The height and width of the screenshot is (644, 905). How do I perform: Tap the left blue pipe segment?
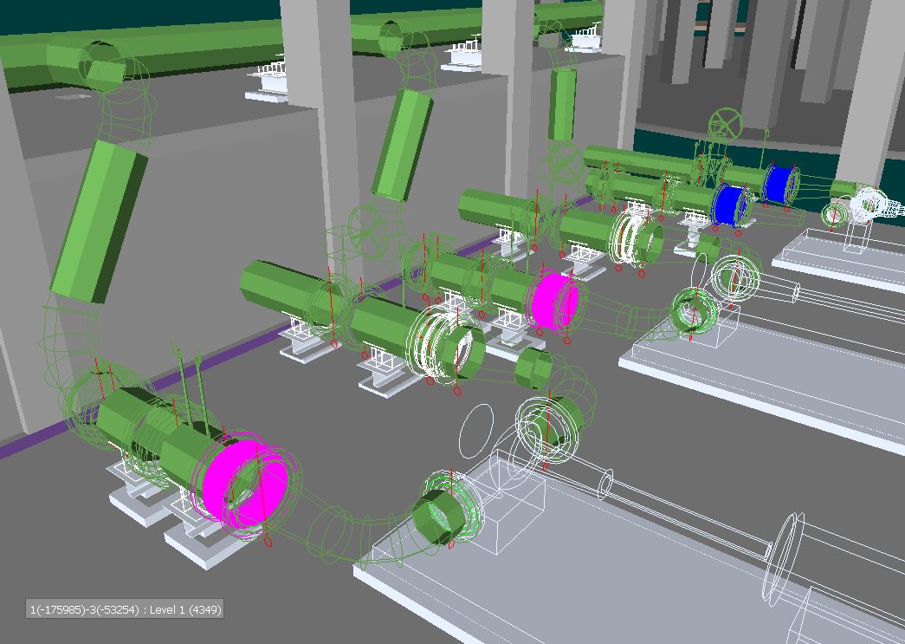coord(729,205)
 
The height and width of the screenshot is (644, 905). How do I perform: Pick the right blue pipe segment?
coord(780,183)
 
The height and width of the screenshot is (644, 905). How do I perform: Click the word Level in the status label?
coord(164,609)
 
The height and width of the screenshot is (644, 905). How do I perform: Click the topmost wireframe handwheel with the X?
coord(725,123)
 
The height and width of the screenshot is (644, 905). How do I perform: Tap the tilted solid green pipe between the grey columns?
coord(403,145)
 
